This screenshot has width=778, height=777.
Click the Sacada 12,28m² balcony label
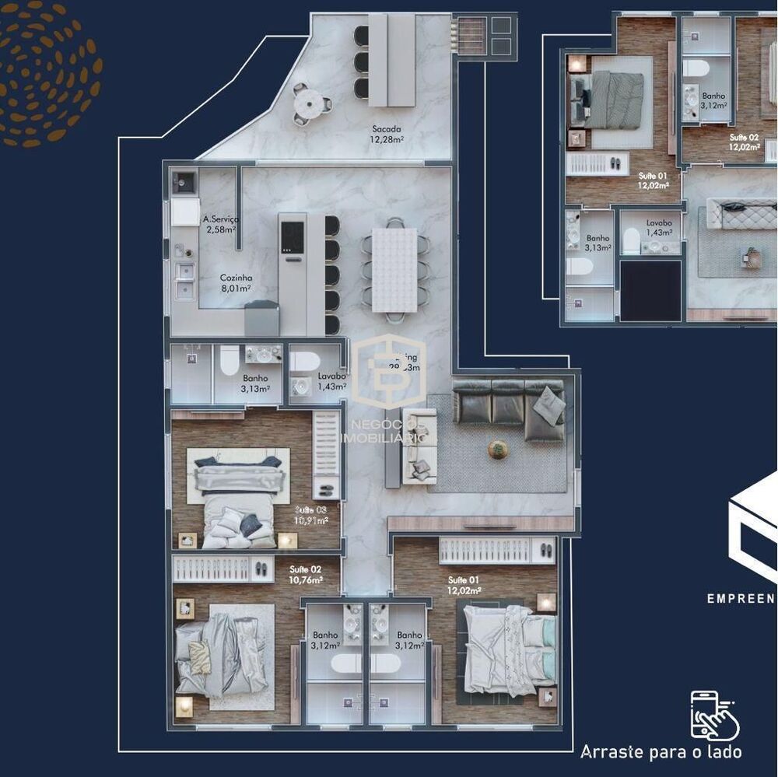pos(386,135)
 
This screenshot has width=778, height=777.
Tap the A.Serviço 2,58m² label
pos(220,224)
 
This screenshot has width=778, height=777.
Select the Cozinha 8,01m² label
pos(236,282)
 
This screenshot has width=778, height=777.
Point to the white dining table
pos(394,269)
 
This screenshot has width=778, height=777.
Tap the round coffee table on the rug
pos(498,449)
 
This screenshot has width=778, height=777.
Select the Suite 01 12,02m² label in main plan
pos(464,585)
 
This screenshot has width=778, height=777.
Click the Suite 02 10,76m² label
pos(305,574)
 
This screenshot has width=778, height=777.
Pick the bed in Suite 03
pos(236,498)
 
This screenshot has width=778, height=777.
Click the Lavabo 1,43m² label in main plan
pos(331,381)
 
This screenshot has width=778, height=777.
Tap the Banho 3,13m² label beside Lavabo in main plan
pos(254,383)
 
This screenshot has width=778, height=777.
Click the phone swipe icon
pos(713,714)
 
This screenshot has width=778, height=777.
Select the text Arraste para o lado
pos(661,752)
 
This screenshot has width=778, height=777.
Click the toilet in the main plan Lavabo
pos(304,362)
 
